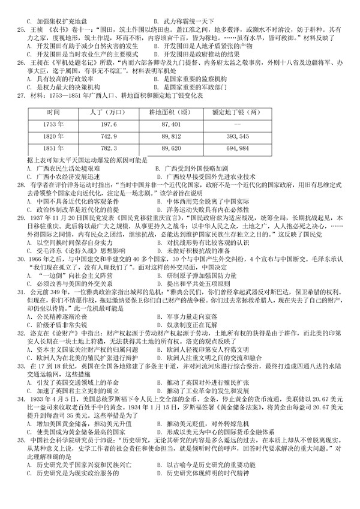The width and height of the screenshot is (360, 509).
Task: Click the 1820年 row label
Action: tap(53, 136)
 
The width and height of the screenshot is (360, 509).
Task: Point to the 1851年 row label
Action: tap(53, 147)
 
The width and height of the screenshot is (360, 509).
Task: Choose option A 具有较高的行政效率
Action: tap(60, 79)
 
